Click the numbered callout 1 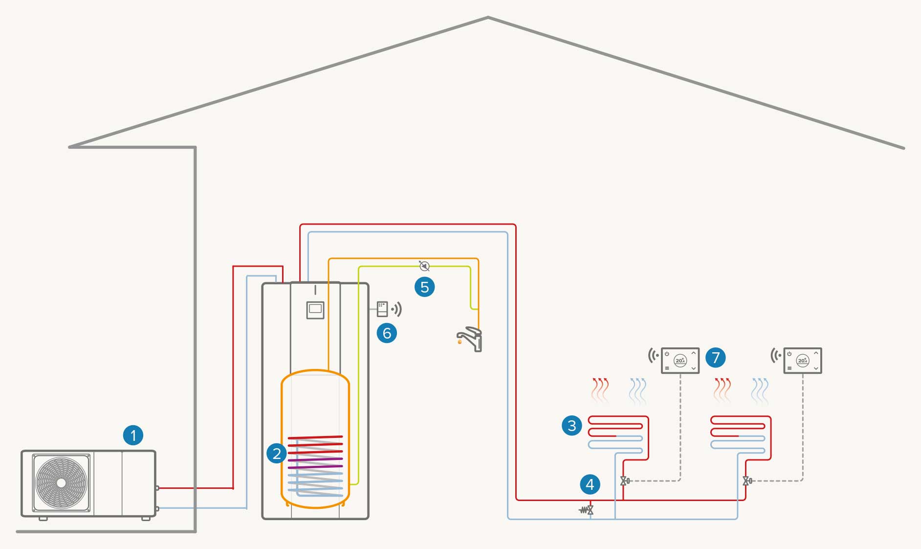pos(133,435)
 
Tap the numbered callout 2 pos(277,453)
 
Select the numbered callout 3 pos(572,425)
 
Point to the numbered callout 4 pos(590,484)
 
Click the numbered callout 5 pos(424,287)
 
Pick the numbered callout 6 pos(387,333)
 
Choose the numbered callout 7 pos(716,357)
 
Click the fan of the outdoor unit pos(61,483)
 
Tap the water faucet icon pos(470,339)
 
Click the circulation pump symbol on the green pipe pos(424,266)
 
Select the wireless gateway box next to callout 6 pos(382,309)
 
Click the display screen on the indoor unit pos(315,309)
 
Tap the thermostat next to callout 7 pos(680,361)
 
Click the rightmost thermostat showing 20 pos(802,361)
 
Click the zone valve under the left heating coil pos(625,481)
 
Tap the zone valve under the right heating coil pos(747,481)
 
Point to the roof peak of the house pos(488,18)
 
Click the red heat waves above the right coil pos(722,390)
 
